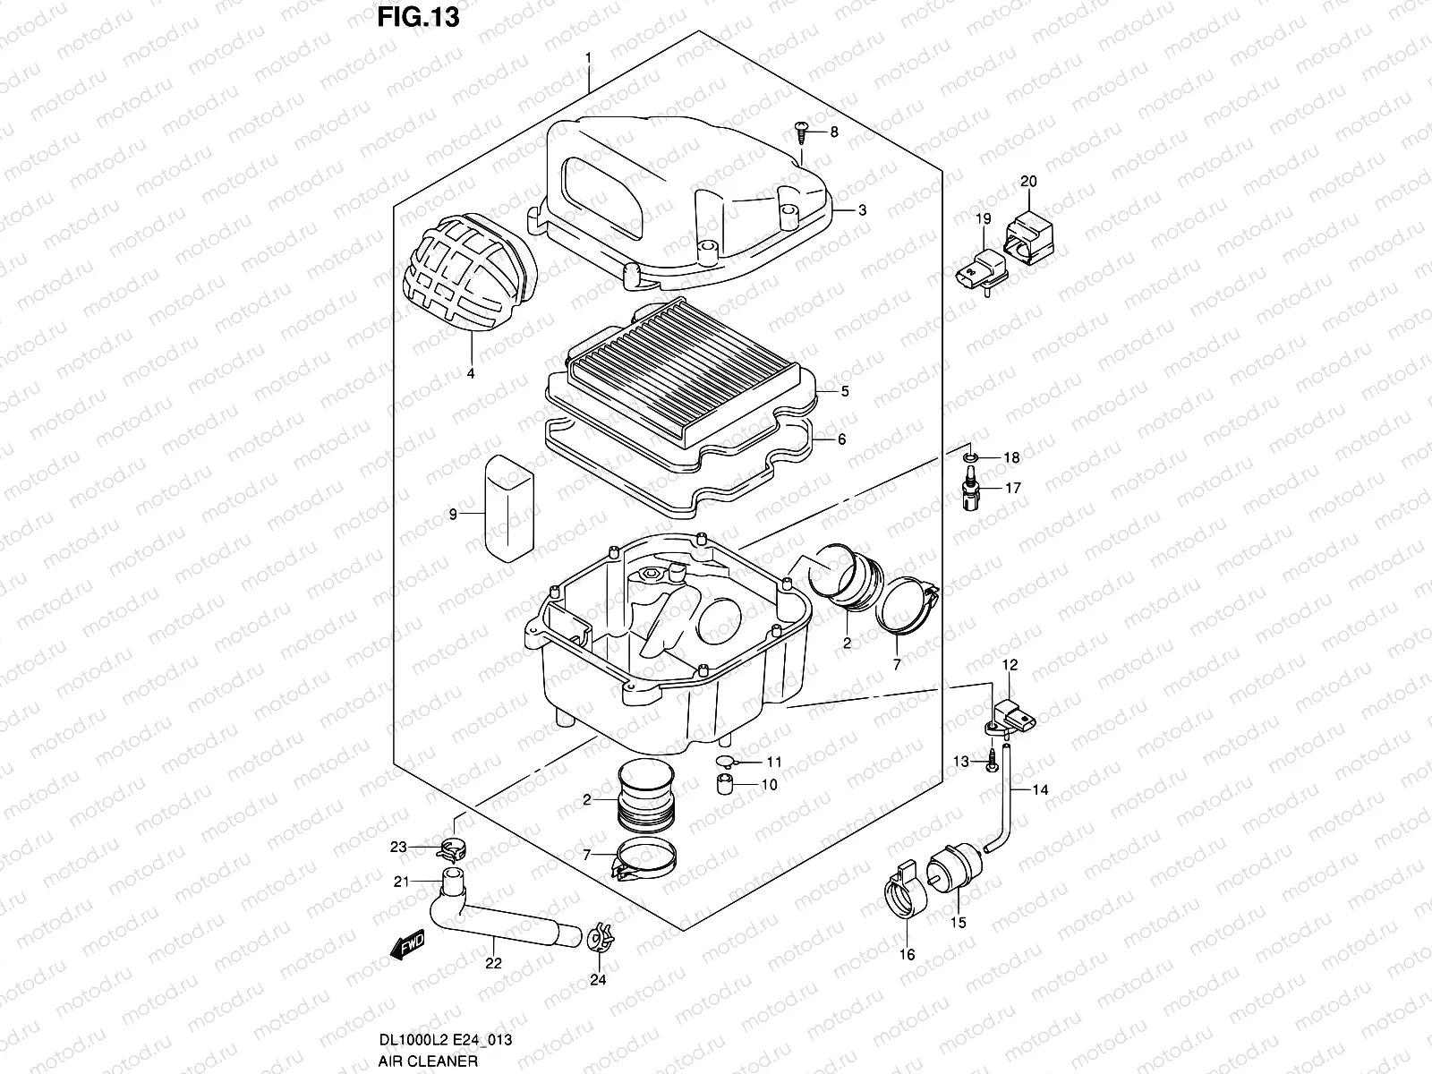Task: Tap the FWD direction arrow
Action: tap(407, 946)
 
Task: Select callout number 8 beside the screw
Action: tap(834, 132)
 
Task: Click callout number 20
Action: tap(1028, 182)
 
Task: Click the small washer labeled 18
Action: tap(968, 458)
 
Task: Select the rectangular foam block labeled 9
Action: tap(507, 507)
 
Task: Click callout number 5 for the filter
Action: tap(845, 391)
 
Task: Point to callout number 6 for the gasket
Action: tap(842, 439)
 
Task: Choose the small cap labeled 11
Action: tap(725, 762)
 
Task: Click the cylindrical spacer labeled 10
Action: tap(725, 784)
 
